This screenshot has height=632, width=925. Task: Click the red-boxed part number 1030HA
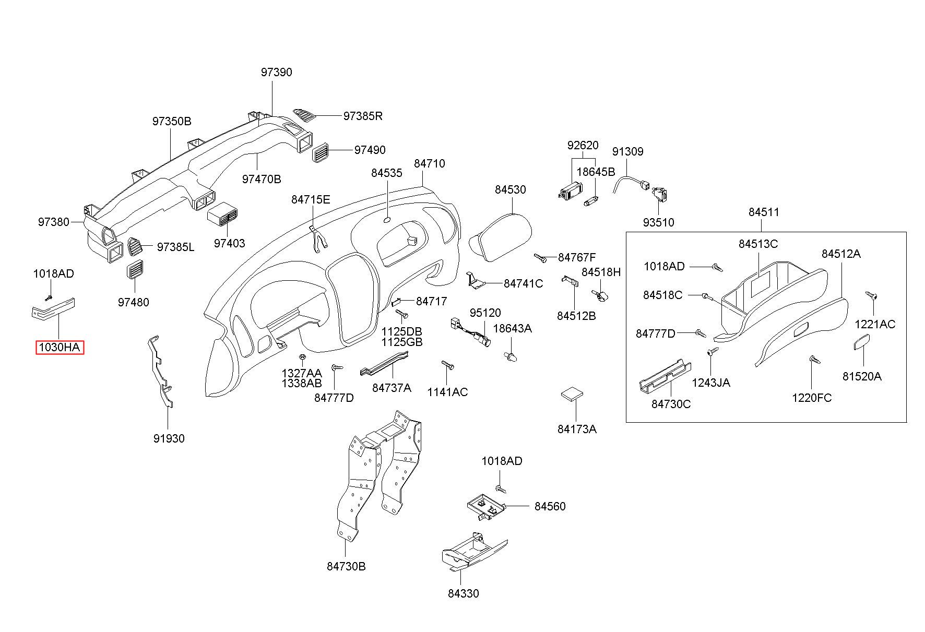click(60, 347)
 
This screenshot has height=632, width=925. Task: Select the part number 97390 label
click(276, 73)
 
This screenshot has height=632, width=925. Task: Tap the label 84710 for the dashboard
click(430, 164)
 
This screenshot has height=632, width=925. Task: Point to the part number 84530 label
click(511, 190)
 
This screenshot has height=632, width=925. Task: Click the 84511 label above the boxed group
click(764, 212)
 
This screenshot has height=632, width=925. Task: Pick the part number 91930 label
click(169, 439)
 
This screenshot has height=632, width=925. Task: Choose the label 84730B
click(346, 566)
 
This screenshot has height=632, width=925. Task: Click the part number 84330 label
click(463, 593)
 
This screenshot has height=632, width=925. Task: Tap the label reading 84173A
click(577, 429)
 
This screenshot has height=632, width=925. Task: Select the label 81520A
click(862, 376)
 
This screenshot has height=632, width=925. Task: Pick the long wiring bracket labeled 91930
click(159, 371)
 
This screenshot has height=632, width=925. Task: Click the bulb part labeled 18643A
click(511, 356)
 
